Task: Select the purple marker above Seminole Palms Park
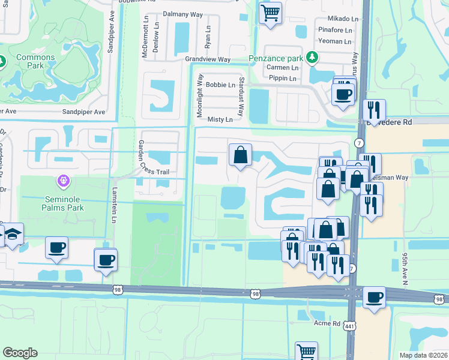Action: [62, 180]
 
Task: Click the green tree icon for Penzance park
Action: [312, 58]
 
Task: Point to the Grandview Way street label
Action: [208, 59]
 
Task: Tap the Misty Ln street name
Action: [220, 119]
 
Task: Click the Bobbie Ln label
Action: [220, 85]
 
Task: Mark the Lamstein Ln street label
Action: [113, 203]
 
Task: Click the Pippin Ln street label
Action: [283, 79]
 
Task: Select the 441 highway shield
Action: [349, 326]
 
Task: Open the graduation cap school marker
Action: [11, 236]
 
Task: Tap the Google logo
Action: [20, 353]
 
